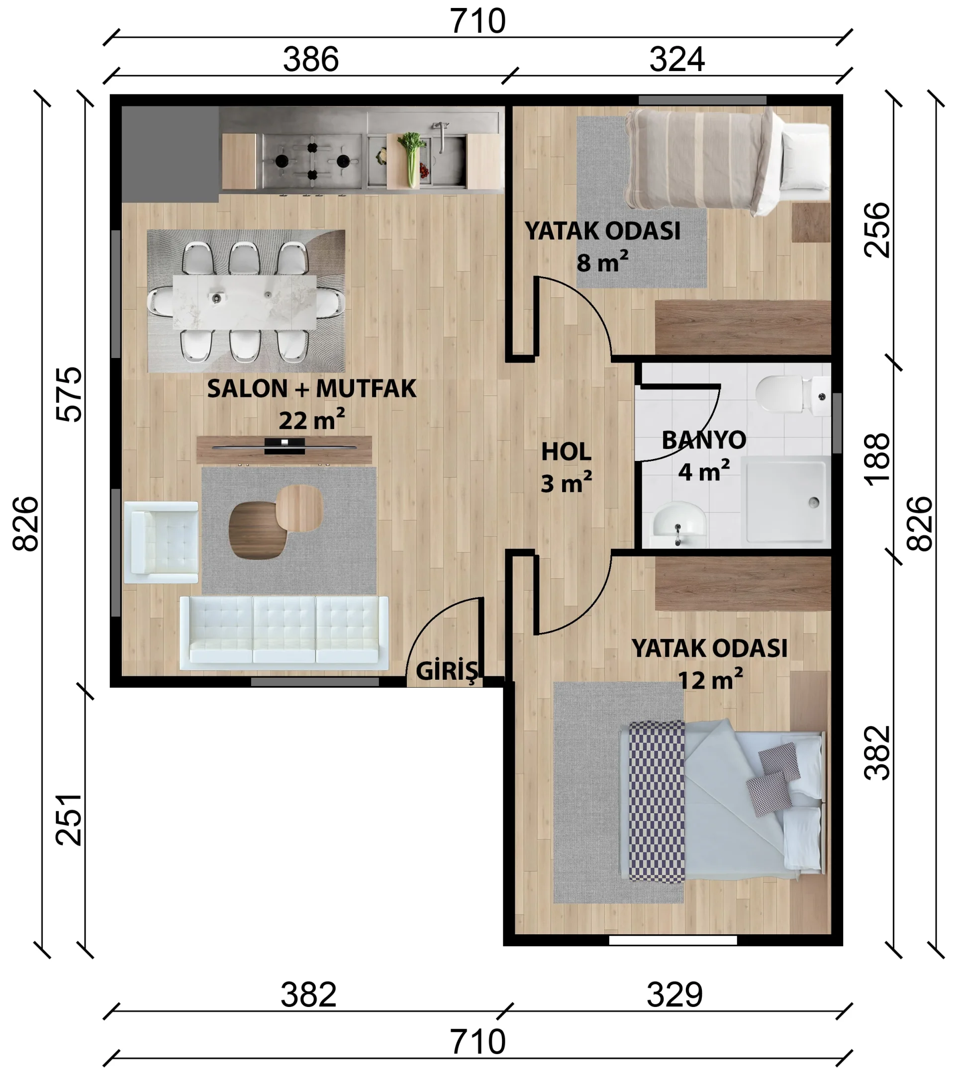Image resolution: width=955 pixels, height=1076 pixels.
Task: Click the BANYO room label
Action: pos(703,440)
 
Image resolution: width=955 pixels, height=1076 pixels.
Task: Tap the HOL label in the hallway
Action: pos(566,451)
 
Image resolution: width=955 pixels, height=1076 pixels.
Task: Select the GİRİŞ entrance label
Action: pos(447,671)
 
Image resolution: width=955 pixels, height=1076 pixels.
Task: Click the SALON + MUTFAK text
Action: pos(312,388)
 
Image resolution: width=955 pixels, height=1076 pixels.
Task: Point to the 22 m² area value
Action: pos(312,420)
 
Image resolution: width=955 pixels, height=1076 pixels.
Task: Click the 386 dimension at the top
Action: pos(310,59)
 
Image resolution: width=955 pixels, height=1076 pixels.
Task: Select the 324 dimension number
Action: pos(676,59)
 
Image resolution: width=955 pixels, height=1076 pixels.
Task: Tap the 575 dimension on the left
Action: pos(69,394)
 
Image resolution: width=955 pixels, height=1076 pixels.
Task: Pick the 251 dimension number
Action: pos(69,819)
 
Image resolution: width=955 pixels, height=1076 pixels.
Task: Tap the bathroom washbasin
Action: pos(678,524)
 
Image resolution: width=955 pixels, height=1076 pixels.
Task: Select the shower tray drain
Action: pos(814,502)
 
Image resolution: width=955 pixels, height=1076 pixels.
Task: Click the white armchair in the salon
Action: pos(161,542)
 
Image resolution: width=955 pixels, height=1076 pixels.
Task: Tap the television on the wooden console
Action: pos(285,447)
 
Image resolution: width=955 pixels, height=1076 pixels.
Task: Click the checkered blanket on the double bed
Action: pos(657,802)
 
